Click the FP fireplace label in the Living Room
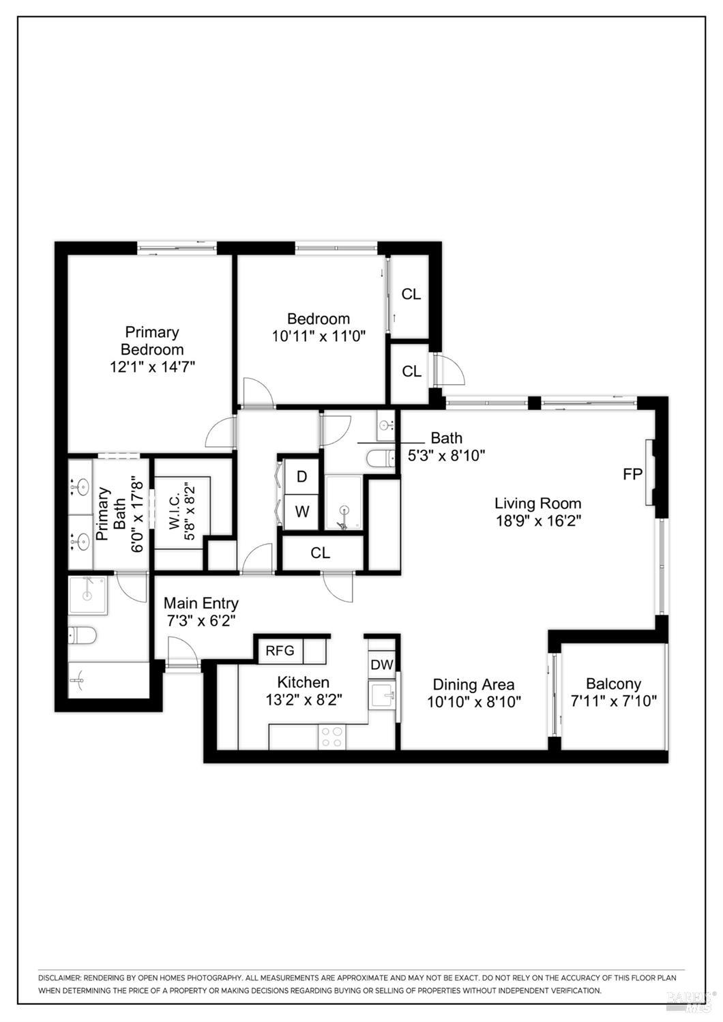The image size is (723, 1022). tap(632, 473)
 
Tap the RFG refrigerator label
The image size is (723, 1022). tap(280, 650)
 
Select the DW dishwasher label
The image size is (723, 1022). tap(381, 665)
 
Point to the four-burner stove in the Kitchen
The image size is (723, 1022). tap(331, 737)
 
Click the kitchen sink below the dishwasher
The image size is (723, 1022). tap(382, 696)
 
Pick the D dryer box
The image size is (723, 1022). tap(301, 476)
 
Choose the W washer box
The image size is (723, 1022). tap(301, 511)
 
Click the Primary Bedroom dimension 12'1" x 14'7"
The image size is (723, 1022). tap(152, 366)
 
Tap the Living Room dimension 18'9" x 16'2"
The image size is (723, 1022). tap(537, 521)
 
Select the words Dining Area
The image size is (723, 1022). tap(473, 684)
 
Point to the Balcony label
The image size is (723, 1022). tap(613, 683)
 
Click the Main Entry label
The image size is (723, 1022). tap(201, 603)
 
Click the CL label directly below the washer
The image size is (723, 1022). tap(320, 553)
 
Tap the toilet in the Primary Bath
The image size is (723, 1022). tap(83, 636)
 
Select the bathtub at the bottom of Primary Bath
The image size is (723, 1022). tap(108, 680)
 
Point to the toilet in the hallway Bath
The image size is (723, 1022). tap(380, 458)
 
